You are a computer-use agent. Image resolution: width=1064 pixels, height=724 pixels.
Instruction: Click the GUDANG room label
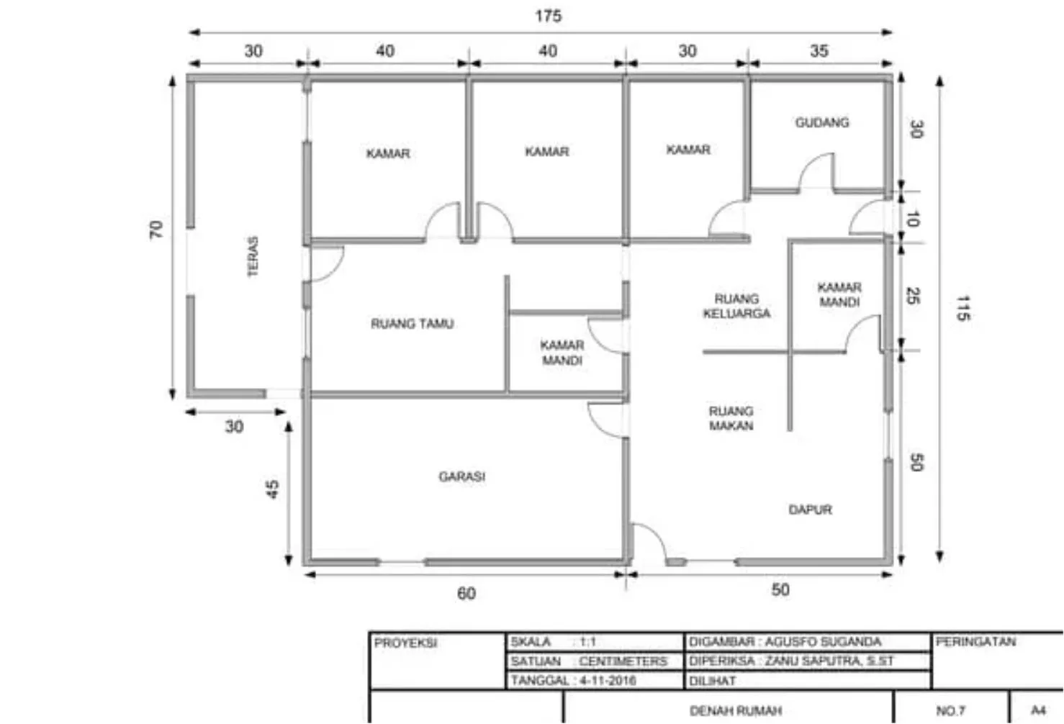[821, 122]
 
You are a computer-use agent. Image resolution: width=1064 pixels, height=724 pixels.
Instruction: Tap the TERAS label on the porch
[253, 256]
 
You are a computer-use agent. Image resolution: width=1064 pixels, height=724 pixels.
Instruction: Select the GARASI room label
[461, 476]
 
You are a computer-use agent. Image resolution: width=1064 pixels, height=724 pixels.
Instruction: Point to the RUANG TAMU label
[412, 324]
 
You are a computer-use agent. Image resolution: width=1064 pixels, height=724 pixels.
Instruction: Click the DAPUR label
[810, 510]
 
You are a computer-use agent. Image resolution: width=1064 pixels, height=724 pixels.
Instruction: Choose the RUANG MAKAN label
[731, 418]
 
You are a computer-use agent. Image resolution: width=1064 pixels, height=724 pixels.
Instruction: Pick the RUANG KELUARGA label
[736, 306]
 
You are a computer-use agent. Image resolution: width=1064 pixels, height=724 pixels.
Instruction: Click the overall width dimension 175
[548, 16]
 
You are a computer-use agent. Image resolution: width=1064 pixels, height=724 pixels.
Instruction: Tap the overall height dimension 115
[962, 308]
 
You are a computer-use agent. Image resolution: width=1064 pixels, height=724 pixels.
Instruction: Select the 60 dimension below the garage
[466, 593]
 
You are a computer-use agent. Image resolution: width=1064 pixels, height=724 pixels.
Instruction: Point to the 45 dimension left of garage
[272, 489]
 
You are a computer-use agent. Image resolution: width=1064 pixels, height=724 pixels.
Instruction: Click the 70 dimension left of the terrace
[155, 230]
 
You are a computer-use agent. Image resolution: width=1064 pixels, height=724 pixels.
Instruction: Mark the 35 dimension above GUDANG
[819, 51]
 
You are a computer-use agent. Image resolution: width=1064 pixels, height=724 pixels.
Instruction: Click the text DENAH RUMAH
[735, 711]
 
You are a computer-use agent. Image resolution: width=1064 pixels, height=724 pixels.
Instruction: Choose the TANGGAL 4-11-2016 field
[573, 680]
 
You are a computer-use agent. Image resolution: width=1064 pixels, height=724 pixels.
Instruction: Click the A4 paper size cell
[1037, 710]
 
